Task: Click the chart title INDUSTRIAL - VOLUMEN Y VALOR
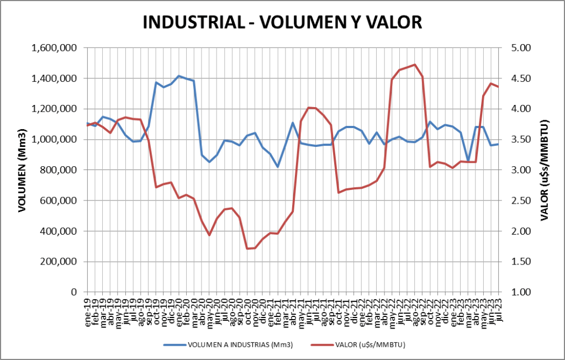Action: tap(282, 22)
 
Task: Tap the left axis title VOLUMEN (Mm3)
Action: tap(23, 171)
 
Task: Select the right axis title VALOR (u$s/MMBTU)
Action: tap(544, 171)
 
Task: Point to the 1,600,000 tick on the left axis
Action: tap(55, 48)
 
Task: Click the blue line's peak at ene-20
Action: tap(179, 76)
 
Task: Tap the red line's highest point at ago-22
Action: tap(415, 65)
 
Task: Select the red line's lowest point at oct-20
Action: tap(247, 248)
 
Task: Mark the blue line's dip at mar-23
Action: tap(468, 161)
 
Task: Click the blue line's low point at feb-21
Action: tap(278, 167)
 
